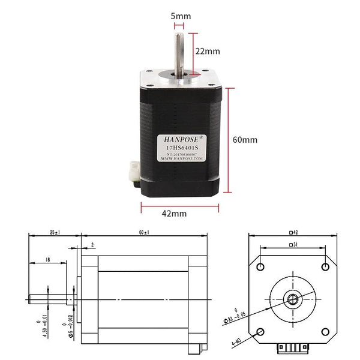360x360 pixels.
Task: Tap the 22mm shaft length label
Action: (x=208, y=51)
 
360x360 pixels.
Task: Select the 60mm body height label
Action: (x=245, y=139)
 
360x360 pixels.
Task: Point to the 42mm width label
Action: (x=174, y=213)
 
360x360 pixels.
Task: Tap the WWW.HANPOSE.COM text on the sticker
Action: (x=179, y=160)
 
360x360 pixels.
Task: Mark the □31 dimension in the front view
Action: (x=292, y=244)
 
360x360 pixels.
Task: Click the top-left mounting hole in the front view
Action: (x=260, y=266)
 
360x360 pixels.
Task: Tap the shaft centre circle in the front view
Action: (x=292, y=298)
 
